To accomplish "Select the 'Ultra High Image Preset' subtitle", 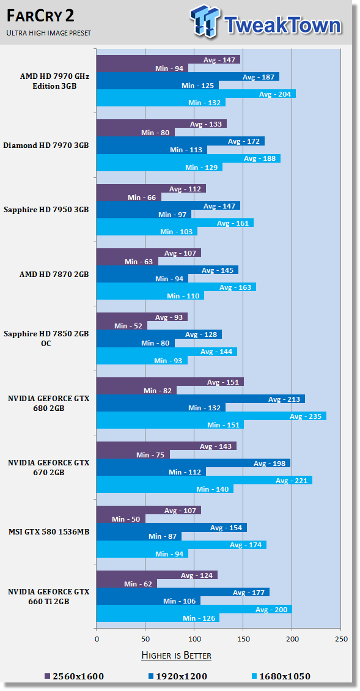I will (49, 32).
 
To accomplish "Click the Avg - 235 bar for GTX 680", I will (211, 416).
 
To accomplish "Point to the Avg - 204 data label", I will (274, 94).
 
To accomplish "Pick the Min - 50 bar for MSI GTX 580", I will (120, 519).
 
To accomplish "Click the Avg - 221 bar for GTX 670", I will (204, 480).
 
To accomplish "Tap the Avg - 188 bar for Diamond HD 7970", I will (188, 158).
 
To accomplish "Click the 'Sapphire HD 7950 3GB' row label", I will (46, 210).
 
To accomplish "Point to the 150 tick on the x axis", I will (243, 639).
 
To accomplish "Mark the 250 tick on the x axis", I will (341, 639).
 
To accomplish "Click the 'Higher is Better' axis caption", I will (176, 656).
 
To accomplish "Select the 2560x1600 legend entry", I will (75, 676).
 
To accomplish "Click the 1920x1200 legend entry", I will (177, 676).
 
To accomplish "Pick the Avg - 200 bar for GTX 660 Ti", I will (194, 609).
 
